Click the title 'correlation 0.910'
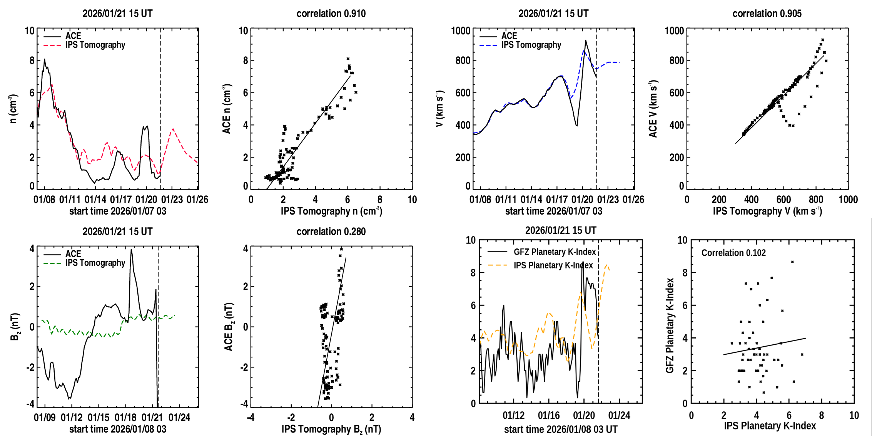coord(331,13)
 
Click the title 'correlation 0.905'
coord(767,13)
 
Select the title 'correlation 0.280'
coord(331,231)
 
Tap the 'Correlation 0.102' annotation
coord(733,253)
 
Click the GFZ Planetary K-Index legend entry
coord(555,252)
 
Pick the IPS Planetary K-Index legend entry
coord(553,265)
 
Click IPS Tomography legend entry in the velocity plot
coord(531,45)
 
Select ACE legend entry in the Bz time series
coord(73,254)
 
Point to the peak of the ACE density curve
coord(44,59)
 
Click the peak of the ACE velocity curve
coord(585,40)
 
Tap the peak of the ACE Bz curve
coord(131,250)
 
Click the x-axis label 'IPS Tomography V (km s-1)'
coord(767,211)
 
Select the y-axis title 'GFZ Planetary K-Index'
coord(670,325)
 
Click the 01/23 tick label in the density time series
coord(172,200)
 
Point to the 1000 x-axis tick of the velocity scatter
coord(848,200)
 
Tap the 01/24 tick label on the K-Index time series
coord(619,416)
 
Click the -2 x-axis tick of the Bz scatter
coord(291,418)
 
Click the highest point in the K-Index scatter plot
coord(792,262)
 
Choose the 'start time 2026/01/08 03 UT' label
coord(561,429)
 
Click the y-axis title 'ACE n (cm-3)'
coord(227,109)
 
